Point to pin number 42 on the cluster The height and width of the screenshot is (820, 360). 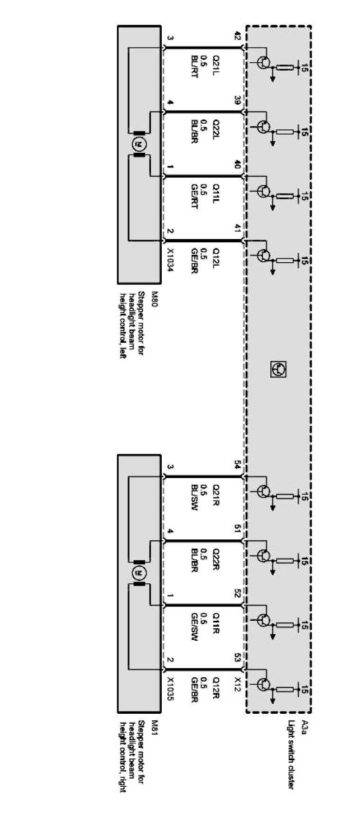pos(238,35)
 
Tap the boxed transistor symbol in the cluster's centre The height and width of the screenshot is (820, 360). pos(278,369)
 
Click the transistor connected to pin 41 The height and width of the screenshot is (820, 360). pos(264,255)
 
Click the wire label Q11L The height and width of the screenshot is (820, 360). pos(216,193)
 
